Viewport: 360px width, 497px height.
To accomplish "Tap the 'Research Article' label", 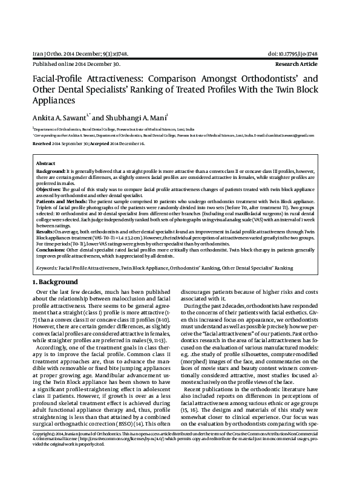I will [x=310, y=63].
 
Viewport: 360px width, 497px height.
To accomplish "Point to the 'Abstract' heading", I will [x=45, y=164].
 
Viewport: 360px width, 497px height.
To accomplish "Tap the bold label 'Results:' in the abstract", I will [x=45, y=232].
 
